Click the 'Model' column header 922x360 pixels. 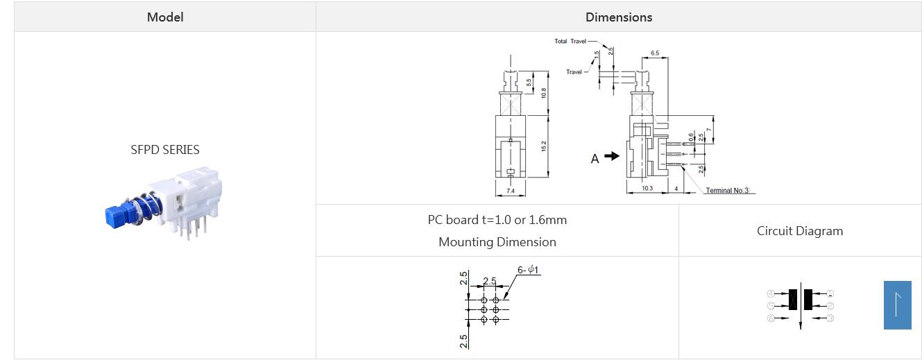(165, 17)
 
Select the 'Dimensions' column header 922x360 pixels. (618, 17)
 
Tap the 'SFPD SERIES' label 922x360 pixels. (165, 149)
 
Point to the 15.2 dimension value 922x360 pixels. (544, 146)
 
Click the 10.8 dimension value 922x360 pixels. (544, 92)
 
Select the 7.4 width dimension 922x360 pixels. (511, 191)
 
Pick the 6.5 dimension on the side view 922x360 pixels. (655, 53)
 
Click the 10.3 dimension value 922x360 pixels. (647, 189)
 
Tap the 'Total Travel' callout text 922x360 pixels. (570, 42)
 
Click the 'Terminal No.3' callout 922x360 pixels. (728, 191)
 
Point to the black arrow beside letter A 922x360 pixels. (611, 156)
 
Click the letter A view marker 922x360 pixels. (595, 159)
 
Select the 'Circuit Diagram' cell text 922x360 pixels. (799, 231)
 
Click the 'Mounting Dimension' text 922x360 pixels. (497, 242)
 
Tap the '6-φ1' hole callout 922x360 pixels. (528, 270)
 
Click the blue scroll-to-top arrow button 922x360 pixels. (897, 305)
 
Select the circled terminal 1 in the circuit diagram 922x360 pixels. (830, 294)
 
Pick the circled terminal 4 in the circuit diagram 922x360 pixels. (770, 294)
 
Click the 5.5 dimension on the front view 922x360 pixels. (529, 82)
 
